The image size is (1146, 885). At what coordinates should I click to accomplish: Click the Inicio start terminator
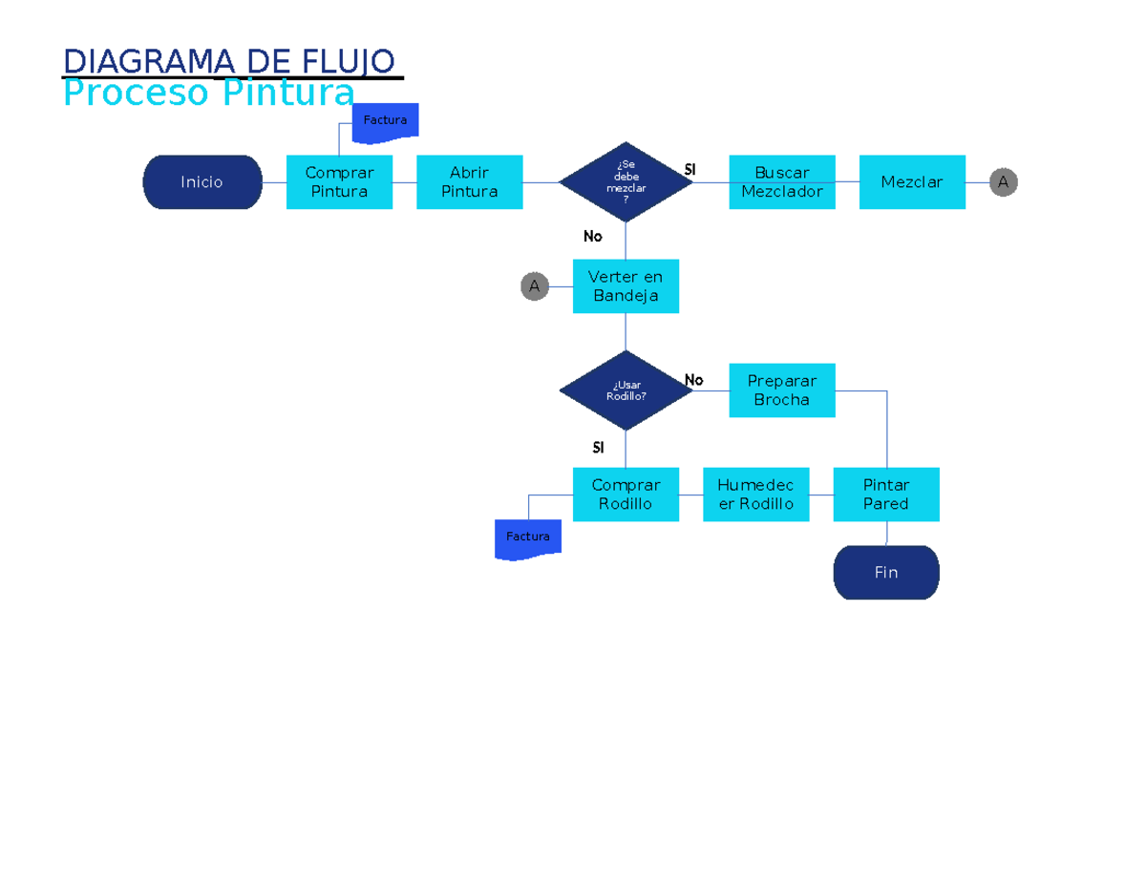click(x=202, y=181)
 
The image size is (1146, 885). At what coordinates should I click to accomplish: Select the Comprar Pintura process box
click(x=339, y=181)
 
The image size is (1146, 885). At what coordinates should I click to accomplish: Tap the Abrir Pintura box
click(x=469, y=181)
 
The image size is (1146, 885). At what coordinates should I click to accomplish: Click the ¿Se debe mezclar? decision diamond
click(x=626, y=181)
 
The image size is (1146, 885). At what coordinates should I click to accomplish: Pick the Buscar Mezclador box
click(x=781, y=181)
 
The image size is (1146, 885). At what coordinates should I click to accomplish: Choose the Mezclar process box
click(x=911, y=181)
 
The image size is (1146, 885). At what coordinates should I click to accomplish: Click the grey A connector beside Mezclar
click(x=1003, y=181)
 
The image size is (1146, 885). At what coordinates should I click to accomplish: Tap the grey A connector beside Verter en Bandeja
click(x=534, y=285)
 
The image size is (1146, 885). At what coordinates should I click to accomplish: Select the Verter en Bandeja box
click(x=626, y=285)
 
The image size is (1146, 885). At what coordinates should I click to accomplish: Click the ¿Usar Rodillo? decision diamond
click(x=626, y=390)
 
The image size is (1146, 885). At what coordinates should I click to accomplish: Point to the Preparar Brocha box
click(x=781, y=390)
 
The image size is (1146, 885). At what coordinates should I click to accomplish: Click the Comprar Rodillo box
click(x=626, y=494)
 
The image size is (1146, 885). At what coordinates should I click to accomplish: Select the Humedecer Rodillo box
click(x=755, y=494)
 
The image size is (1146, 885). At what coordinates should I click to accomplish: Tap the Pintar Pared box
click(x=885, y=494)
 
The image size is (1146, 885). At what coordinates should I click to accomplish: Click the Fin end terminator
click(x=885, y=572)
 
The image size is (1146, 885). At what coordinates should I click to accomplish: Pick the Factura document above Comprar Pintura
click(x=385, y=121)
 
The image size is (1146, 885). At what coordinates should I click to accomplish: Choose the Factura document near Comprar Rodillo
click(x=528, y=537)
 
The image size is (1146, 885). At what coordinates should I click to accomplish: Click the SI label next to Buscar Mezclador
click(x=690, y=169)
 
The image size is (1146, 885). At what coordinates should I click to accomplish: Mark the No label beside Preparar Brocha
click(x=693, y=380)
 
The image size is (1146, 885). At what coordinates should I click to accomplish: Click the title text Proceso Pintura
click(x=208, y=94)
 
